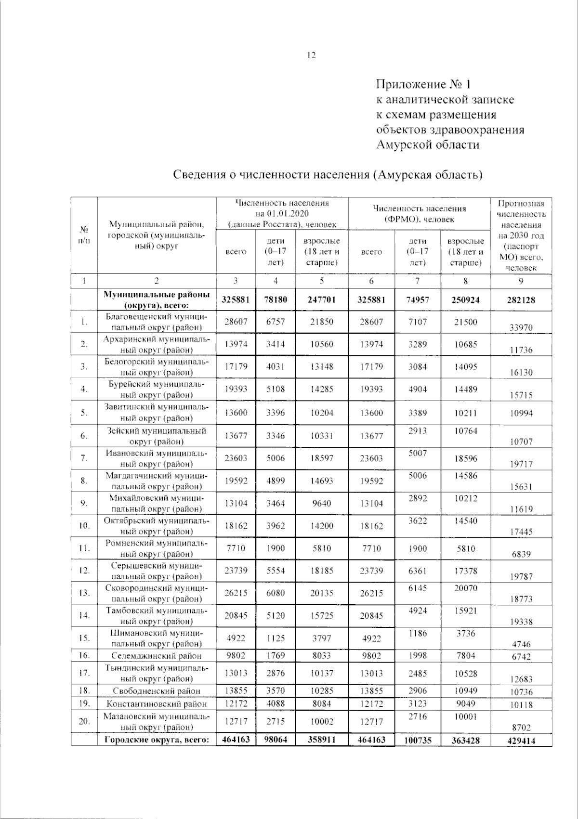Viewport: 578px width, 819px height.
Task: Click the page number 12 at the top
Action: coord(311,55)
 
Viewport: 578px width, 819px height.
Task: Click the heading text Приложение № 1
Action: coord(423,85)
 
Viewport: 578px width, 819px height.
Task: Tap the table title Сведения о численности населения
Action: coord(328,174)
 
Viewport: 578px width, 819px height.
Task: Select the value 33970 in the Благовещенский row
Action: coord(521,327)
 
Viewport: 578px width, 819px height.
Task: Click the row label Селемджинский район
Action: coord(157,655)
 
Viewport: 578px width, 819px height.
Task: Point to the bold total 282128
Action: coord(521,300)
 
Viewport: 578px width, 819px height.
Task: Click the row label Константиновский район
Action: coord(157,703)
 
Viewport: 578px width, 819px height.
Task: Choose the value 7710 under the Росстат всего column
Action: coord(235,548)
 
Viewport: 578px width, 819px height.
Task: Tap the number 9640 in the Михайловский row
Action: coord(321,503)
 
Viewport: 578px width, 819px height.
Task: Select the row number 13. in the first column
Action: coord(84,593)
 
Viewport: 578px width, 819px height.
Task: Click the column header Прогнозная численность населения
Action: coord(521,235)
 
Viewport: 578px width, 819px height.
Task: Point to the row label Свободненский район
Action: coord(157,691)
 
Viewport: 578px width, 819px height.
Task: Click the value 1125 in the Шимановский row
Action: coord(276,638)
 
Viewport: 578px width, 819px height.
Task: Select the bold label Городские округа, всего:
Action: coord(157,740)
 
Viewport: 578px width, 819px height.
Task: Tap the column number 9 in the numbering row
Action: coord(521,281)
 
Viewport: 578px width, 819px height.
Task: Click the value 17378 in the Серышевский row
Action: coord(465,571)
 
